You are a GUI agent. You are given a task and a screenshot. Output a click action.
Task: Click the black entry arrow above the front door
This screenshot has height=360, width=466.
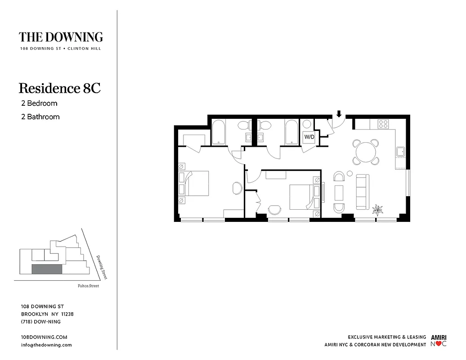[x=339, y=114]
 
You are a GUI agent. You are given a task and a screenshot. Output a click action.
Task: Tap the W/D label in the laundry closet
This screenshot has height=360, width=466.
[x=309, y=136]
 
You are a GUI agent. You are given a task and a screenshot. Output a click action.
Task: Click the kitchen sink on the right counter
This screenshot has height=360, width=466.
[x=400, y=152]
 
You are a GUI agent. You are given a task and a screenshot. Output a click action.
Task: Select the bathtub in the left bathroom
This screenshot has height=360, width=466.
[x=219, y=132]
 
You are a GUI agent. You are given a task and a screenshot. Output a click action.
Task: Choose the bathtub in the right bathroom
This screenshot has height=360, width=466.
[x=291, y=132]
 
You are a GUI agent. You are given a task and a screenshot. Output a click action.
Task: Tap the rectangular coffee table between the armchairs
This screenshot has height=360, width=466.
[x=339, y=193]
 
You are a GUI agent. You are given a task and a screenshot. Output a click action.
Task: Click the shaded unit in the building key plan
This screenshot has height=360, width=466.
[x=46, y=269]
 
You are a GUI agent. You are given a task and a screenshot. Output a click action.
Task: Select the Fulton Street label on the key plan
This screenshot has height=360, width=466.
[x=88, y=286]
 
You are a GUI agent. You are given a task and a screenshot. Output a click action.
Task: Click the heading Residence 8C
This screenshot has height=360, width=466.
[x=59, y=88]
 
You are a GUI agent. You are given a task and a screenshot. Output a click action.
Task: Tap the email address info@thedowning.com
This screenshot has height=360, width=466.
[x=46, y=345]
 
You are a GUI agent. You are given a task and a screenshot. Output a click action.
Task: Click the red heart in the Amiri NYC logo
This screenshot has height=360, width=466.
[x=439, y=345]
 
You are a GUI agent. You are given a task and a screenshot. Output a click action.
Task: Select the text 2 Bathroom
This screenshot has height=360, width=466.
[x=40, y=117]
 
